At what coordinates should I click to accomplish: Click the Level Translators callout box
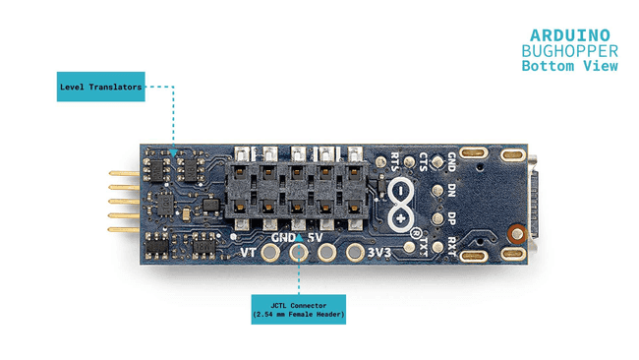100,87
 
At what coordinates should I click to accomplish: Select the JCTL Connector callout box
298,310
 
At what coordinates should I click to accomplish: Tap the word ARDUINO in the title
570,35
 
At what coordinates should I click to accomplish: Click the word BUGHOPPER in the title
570,51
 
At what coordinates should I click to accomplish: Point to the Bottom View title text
570,66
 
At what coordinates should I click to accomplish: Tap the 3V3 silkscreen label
379,253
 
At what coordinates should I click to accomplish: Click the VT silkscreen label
248,253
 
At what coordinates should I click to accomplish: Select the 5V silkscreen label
315,237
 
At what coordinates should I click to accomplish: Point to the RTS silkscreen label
394,161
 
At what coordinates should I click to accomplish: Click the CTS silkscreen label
423,161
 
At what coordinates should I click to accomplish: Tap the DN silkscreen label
451,191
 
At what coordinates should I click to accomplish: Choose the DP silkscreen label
451,219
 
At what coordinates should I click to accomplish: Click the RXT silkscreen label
451,247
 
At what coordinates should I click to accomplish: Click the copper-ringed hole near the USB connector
517,234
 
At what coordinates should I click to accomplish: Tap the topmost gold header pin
124,173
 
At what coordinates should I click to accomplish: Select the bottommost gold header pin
124,229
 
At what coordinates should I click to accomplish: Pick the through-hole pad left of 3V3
355,253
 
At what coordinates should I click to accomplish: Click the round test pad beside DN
437,191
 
